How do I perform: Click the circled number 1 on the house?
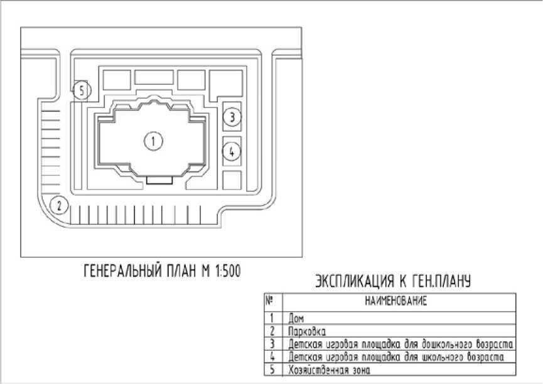[x=153, y=141]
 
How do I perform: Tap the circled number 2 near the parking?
[x=59, y=205]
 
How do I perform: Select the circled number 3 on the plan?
[x=232, y=117]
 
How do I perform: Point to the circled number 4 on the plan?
[x=232, y=151]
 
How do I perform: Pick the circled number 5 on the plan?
[x=82, y=91]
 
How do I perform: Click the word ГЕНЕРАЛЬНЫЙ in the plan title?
[x=123, y=271]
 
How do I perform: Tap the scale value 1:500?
[x=228, y=271]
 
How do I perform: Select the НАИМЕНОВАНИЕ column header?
[x=396, y=301]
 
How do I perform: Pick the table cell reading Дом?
[x=296, y=318]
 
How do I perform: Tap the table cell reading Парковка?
[x=307, y=331]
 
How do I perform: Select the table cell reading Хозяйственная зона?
[x=330, y=370]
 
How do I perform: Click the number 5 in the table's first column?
[x=272, y=370]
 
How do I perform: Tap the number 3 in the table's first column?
[x=272, y=344]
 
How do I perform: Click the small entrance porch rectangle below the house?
[x=159, y=180]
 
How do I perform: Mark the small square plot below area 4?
[x=232, y=180]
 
